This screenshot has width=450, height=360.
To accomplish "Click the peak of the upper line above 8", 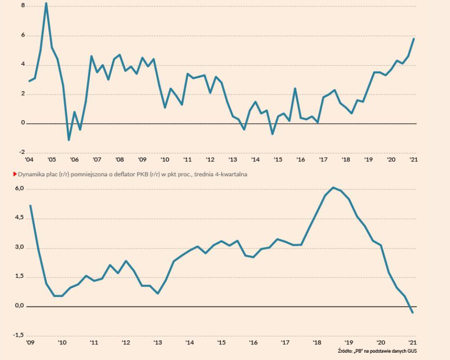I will click(46, 4).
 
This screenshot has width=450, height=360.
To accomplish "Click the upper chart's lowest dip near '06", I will click(69, 140).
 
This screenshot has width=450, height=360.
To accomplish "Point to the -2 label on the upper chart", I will click(21, 152).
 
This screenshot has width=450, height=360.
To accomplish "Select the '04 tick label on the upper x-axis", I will click(29, 160).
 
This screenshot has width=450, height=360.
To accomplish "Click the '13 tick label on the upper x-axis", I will click(233, 160).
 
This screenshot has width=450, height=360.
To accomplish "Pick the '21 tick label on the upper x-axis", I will click(413, 160).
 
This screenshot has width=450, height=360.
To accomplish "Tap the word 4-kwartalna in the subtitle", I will click(231, 174).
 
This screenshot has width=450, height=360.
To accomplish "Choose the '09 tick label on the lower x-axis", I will click(30, 343).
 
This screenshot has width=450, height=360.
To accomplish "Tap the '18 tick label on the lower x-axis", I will click(317, 343).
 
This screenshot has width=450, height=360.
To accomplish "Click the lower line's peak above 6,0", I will click(333, 188).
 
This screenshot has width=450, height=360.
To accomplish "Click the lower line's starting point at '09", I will click(30, 206).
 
